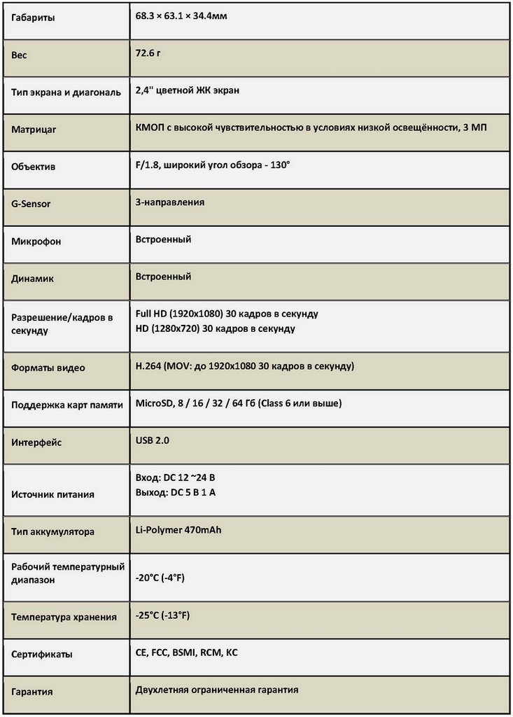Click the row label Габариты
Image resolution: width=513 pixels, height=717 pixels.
pos(33,18)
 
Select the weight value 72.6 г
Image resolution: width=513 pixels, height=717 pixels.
pos(149,53)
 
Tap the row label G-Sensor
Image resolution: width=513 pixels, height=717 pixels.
pos(31,204)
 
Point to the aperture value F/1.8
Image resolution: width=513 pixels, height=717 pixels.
pos(148,165)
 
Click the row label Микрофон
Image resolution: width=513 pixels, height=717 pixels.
pos(36,242)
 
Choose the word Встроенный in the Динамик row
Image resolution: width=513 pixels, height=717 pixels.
pos(163,277)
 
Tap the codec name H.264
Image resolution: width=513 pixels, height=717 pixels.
pos(148,366)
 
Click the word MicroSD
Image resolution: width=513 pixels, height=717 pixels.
pos(155,403)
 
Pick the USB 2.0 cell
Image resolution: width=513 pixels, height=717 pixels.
pos(153,440)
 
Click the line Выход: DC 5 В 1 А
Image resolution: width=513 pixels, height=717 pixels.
pos(175,492)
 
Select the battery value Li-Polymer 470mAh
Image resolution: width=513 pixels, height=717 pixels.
pos(178,529)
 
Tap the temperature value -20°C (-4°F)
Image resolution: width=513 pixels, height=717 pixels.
pos(160,578)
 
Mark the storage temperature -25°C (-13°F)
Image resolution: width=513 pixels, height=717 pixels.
pos(162,615)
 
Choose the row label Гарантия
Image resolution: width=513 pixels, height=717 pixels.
pos(32,692)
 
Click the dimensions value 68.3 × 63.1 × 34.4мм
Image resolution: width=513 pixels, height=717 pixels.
pos(181,15)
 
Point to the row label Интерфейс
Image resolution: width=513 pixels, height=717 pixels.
pos(37,443)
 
